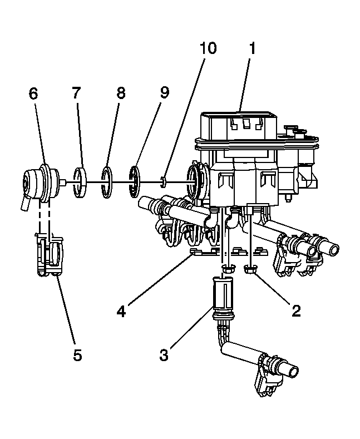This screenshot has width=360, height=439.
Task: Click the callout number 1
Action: [x=251, y=48]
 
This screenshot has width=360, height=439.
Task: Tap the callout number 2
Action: [x=296, y=310]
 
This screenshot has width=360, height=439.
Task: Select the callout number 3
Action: [x=164, y=354]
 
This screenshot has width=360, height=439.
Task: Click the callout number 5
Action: [x=77, y=354]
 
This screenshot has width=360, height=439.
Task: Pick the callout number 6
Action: [x=33, y=93]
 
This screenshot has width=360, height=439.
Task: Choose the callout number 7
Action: [x=77, y=93]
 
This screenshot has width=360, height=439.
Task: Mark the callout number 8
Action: [x=120, y=93]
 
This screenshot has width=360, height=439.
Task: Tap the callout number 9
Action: [x=164, y=93]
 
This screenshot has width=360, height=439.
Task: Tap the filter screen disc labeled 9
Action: [x=135, y=181]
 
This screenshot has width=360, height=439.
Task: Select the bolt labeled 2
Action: [x=251, y=270]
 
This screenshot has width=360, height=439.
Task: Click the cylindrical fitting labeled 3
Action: [x=222, y=295]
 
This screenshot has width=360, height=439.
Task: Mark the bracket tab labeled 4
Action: [x=196, y=253]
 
